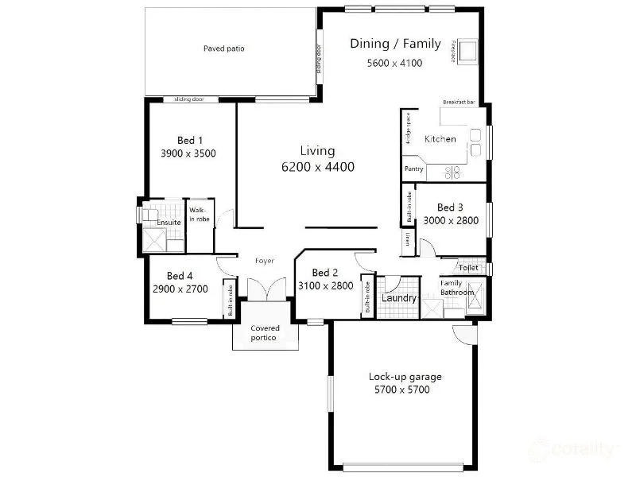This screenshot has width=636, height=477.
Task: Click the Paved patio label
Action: point(223,48)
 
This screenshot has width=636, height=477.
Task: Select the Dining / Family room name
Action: point(395,44)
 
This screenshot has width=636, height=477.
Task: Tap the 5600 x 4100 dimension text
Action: point(395,63)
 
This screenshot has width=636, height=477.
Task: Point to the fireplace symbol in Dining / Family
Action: point(466,51)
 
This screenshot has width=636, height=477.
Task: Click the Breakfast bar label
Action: point(459,103)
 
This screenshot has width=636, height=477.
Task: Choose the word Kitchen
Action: point(440,139)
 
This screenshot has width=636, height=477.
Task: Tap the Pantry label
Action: point(413,169)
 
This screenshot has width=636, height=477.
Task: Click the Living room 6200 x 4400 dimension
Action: point(317,167)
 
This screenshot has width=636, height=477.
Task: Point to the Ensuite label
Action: point(169,223)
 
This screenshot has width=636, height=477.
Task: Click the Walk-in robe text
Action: point(198,215)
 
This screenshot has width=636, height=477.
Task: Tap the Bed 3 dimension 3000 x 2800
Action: point(451,220)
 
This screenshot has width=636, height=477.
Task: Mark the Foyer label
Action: point(265,261)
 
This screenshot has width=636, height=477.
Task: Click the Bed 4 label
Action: point(180,276)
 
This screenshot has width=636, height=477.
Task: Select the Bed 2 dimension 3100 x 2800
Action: point(325,285)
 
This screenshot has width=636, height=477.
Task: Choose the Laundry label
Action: point(399,298)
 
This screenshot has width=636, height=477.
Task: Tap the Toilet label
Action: point(468,268)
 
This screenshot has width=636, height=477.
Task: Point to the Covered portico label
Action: point(265,333)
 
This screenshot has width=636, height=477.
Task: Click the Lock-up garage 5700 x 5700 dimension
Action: point(405,390)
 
